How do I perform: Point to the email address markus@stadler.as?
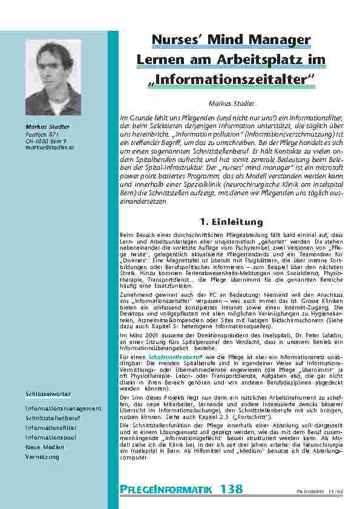(50, 147)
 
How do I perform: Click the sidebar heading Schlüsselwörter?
(48, 394)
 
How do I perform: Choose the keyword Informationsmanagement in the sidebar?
(64, 409)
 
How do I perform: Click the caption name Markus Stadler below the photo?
(48, 126)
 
